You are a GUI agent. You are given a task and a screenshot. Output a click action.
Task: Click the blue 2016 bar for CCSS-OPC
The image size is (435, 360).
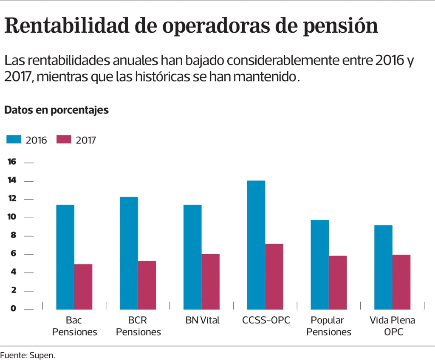coord(256,245)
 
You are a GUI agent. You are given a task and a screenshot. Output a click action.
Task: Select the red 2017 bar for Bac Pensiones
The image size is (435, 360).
coord(83,287)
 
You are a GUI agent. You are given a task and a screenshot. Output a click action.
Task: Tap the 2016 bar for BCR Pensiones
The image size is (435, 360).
coord(129,253)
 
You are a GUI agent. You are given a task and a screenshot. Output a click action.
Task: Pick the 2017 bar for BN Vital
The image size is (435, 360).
coord(210,281)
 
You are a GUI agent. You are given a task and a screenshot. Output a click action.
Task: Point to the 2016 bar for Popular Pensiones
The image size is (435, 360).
coord(319,264)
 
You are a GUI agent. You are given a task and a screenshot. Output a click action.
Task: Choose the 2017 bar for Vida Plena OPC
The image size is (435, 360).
coord(401,282)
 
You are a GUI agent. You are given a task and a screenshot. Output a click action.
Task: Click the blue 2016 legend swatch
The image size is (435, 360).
coord(14,140)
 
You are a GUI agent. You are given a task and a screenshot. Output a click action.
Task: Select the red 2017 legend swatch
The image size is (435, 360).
coord(64,140)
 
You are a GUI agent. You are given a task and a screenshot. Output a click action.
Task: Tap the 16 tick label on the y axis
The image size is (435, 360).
coord(12,162)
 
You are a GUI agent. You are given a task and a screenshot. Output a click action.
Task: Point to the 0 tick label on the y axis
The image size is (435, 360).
coord(13,309)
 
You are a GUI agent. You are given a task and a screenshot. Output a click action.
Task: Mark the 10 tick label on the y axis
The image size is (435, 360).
coord(12,217)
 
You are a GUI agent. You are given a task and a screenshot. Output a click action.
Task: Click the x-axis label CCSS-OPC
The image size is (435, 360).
coord(266,320)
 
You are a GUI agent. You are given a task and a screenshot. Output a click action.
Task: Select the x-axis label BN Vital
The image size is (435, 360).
coord(202,320)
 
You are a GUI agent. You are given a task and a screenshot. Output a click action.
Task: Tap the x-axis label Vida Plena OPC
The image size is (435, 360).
coord(392,326)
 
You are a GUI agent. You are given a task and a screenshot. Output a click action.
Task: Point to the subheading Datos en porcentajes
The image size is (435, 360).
coord(56,110)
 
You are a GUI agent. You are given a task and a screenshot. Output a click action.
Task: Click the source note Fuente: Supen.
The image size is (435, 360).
coord(28,355)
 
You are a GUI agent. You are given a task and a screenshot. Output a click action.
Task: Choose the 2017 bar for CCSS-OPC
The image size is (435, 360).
coord(274,276)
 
